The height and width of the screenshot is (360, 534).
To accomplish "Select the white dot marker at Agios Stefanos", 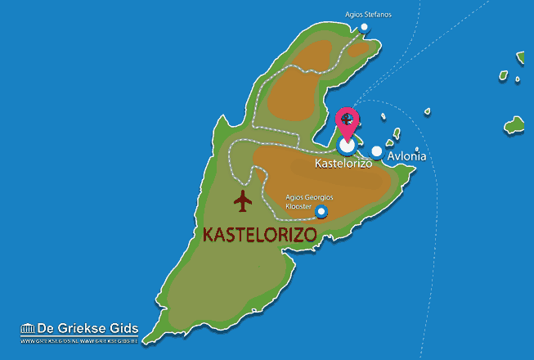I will (365, 27).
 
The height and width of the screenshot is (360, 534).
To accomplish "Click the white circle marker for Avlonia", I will (377, 151).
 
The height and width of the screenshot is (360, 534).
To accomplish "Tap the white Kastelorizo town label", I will (343, 164).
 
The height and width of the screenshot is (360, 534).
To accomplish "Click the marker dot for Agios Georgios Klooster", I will (321, 213).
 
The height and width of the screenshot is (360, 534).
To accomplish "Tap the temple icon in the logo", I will (28, 329).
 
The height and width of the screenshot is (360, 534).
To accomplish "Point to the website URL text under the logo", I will (79, 341).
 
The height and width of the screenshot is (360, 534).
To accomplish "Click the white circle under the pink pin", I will (347, 146).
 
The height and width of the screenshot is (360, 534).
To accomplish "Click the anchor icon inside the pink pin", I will (348, 119).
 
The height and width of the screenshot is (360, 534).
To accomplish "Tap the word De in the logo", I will (46, 329).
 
